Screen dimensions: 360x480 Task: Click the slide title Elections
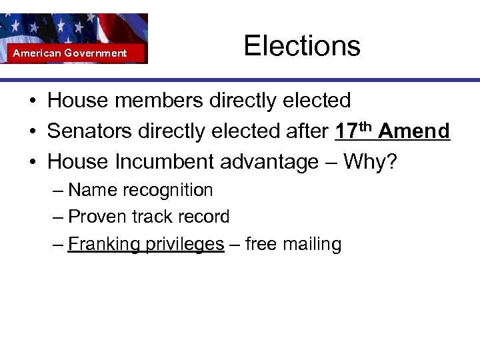(x=301, y=46)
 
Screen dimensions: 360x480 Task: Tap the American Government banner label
(x=70, y=53)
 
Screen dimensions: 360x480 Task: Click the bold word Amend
(x=414, y=131)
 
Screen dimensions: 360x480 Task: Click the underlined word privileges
(x=185, y=245)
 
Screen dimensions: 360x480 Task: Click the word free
(x=261, y=244)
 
